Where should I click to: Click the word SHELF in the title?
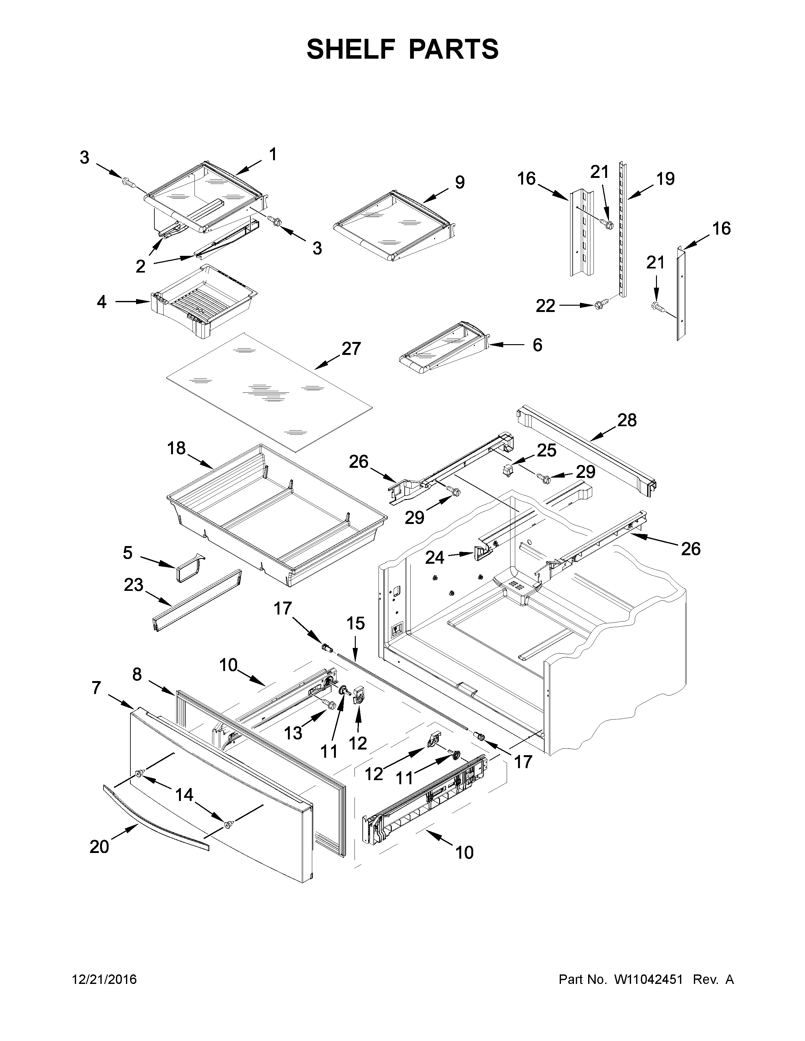point(350,49)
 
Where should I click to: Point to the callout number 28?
point(627,421)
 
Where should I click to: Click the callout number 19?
point(665,179)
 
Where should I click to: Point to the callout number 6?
point(537,344)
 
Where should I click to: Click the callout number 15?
point(356,623)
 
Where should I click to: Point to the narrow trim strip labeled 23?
point(196,600)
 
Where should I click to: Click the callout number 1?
point(272,154)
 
